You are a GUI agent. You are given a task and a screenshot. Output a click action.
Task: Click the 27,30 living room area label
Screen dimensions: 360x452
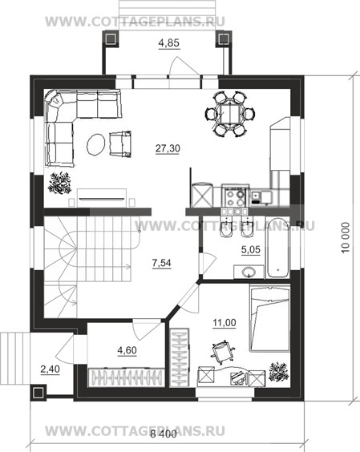[x=168, y=148]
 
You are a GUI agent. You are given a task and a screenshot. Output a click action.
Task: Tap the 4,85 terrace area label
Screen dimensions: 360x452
[x=169, y=43]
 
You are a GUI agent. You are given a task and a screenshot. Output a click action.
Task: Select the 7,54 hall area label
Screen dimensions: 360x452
[x=161, y=263]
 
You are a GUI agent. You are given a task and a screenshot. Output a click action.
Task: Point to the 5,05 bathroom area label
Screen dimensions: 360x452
[x=251, y=249]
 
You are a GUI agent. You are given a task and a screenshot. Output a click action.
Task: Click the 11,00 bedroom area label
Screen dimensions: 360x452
[x=224, y=322]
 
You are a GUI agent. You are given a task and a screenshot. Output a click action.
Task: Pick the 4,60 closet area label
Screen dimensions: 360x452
[x=127, y=350]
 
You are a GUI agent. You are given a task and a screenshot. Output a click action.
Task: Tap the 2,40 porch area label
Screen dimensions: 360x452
[x=50, y=369]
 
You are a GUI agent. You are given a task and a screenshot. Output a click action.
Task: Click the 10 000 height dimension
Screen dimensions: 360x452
[x=346, y=237]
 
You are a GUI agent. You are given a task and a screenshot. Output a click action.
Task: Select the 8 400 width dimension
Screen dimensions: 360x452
[x=164, y=434]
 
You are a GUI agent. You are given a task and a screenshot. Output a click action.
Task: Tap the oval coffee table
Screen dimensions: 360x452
[x=95, y=144]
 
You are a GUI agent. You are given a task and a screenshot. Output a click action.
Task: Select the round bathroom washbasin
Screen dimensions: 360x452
[x=249, y=272]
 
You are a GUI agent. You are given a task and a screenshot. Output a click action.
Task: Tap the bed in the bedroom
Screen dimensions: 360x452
[x=269, y=318]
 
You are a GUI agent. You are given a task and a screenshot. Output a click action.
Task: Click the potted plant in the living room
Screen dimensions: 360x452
[x=60, y=183]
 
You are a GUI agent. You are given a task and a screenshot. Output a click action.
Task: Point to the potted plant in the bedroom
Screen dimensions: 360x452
[x=279, y=372]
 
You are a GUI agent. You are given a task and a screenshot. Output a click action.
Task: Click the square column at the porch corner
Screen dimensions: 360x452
[x=38, y=392]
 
